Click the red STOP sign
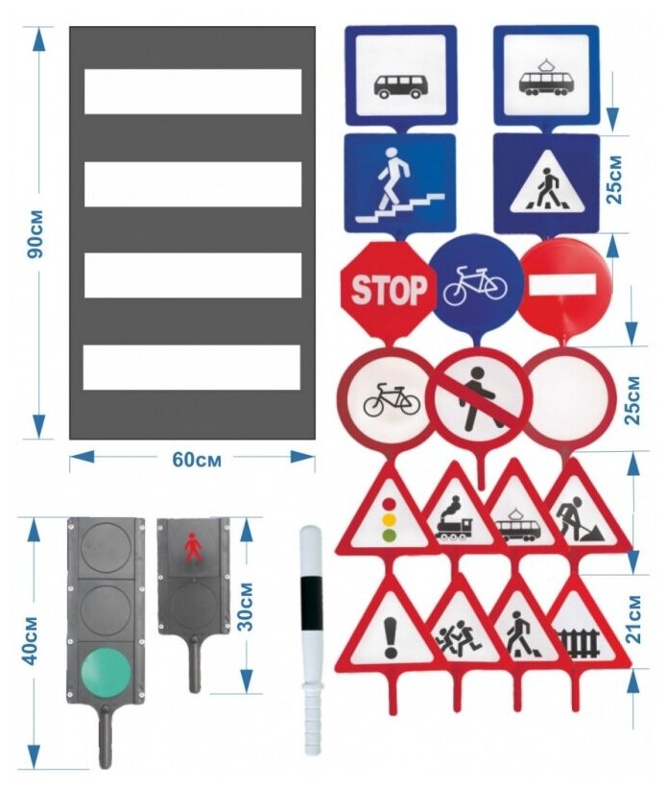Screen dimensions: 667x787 [x=387, y=287]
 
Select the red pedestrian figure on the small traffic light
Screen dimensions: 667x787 [x=193, y=549]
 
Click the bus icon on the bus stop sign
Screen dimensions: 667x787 [x=400, y=84]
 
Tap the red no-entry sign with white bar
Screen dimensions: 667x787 [x=564, y=284]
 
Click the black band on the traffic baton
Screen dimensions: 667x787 [x=309, y=603]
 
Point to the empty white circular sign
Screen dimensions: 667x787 [x=570, y=395]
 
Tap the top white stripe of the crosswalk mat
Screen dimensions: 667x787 [x=193, y=91]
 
